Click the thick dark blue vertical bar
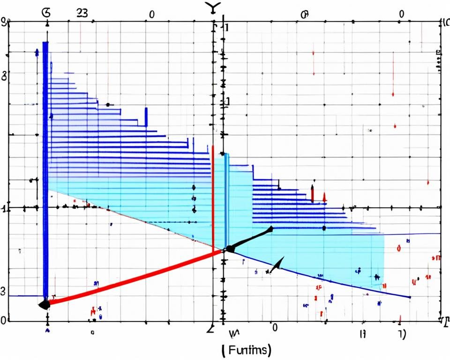[x=45, y=169]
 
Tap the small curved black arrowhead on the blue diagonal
[x=277, y=265]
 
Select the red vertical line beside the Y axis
[x=213, y=197]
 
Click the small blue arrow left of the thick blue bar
[x=37, y=52]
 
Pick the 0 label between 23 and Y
[x=151, y=15]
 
